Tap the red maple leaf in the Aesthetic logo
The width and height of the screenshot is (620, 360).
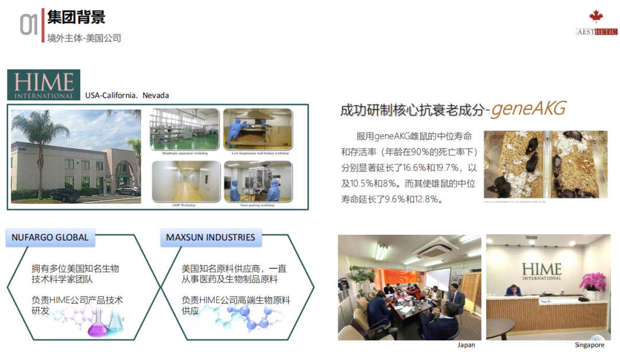[x=596, y=17]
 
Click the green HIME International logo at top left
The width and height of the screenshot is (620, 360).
[x=44, y=85]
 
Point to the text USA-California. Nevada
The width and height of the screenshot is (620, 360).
[x=127, y=95]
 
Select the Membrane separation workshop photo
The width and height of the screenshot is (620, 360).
[x=184, y=129]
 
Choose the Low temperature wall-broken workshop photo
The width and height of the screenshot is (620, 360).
[x=258, y=129]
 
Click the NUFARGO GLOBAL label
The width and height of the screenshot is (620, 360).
[x=51, y=237]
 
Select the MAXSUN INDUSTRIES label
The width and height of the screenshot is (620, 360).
[x=211, y=237]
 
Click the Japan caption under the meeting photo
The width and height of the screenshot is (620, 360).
[x=466, y=345]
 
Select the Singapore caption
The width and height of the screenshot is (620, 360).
[x=589, y=345]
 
